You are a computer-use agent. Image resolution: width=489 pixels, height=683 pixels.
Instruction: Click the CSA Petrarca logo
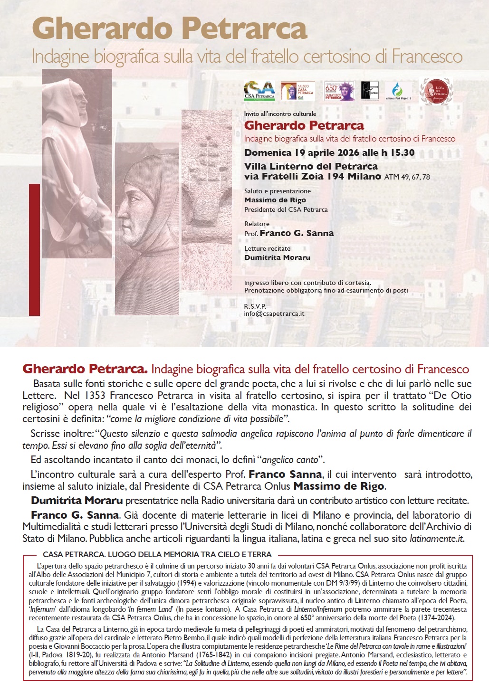point(259,91)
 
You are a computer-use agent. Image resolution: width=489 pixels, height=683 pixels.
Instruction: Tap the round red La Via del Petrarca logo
point(436,91)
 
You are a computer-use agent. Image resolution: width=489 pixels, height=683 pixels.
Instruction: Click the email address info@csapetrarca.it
point(274,313)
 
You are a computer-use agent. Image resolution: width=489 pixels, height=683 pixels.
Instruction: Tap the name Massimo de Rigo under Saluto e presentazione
point(275,200)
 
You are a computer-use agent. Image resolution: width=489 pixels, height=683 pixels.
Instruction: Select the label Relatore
point(257,224)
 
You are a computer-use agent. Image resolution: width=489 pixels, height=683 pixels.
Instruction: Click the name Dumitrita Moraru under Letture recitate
point(277,257)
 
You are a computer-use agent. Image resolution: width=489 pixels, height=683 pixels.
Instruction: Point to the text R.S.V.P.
point(255,306)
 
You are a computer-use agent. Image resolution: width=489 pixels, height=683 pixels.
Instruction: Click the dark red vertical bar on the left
point(34,249)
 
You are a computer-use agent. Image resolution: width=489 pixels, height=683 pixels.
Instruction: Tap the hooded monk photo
point(77,163)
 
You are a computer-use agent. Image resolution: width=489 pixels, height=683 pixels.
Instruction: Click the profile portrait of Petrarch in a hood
point(147,228)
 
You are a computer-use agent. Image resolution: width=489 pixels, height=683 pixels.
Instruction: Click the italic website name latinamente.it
point(436,539)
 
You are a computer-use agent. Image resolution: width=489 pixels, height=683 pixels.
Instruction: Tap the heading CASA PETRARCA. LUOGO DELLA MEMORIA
point(157,554)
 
